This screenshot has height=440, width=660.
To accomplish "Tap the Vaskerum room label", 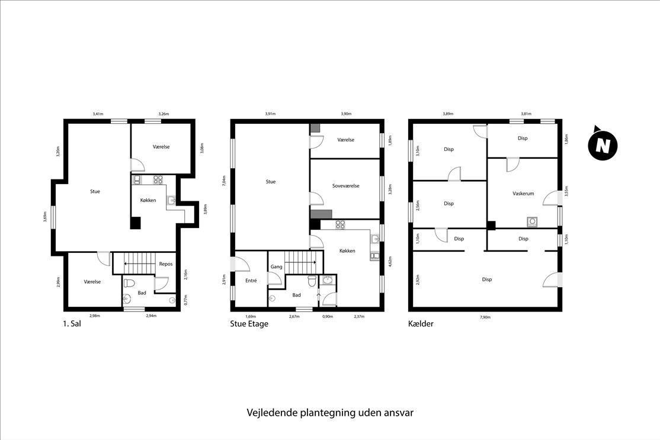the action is (523, 194).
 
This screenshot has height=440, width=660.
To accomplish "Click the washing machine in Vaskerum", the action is (532, 221).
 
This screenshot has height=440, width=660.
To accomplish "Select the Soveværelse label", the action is (345, 185).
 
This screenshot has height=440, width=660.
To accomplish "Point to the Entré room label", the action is (251, 281).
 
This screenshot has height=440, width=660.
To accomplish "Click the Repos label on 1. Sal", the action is (166, 264).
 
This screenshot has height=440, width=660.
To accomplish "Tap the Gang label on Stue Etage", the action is (276, 266).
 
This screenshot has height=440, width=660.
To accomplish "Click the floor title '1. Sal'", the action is (72, 324).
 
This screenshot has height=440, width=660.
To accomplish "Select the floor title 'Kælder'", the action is (421, 324).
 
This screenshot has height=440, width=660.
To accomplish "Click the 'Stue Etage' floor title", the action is (249, 324).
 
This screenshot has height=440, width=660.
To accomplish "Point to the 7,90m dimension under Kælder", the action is (485, 317).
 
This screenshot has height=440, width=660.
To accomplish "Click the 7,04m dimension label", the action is (225, 181).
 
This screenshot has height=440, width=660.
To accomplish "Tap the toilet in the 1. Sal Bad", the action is (129, 282).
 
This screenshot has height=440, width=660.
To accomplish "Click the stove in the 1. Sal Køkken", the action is (158, 179).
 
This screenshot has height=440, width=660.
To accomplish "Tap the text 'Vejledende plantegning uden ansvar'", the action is (330, 412).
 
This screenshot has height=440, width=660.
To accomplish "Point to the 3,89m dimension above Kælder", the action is (448, 114).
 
